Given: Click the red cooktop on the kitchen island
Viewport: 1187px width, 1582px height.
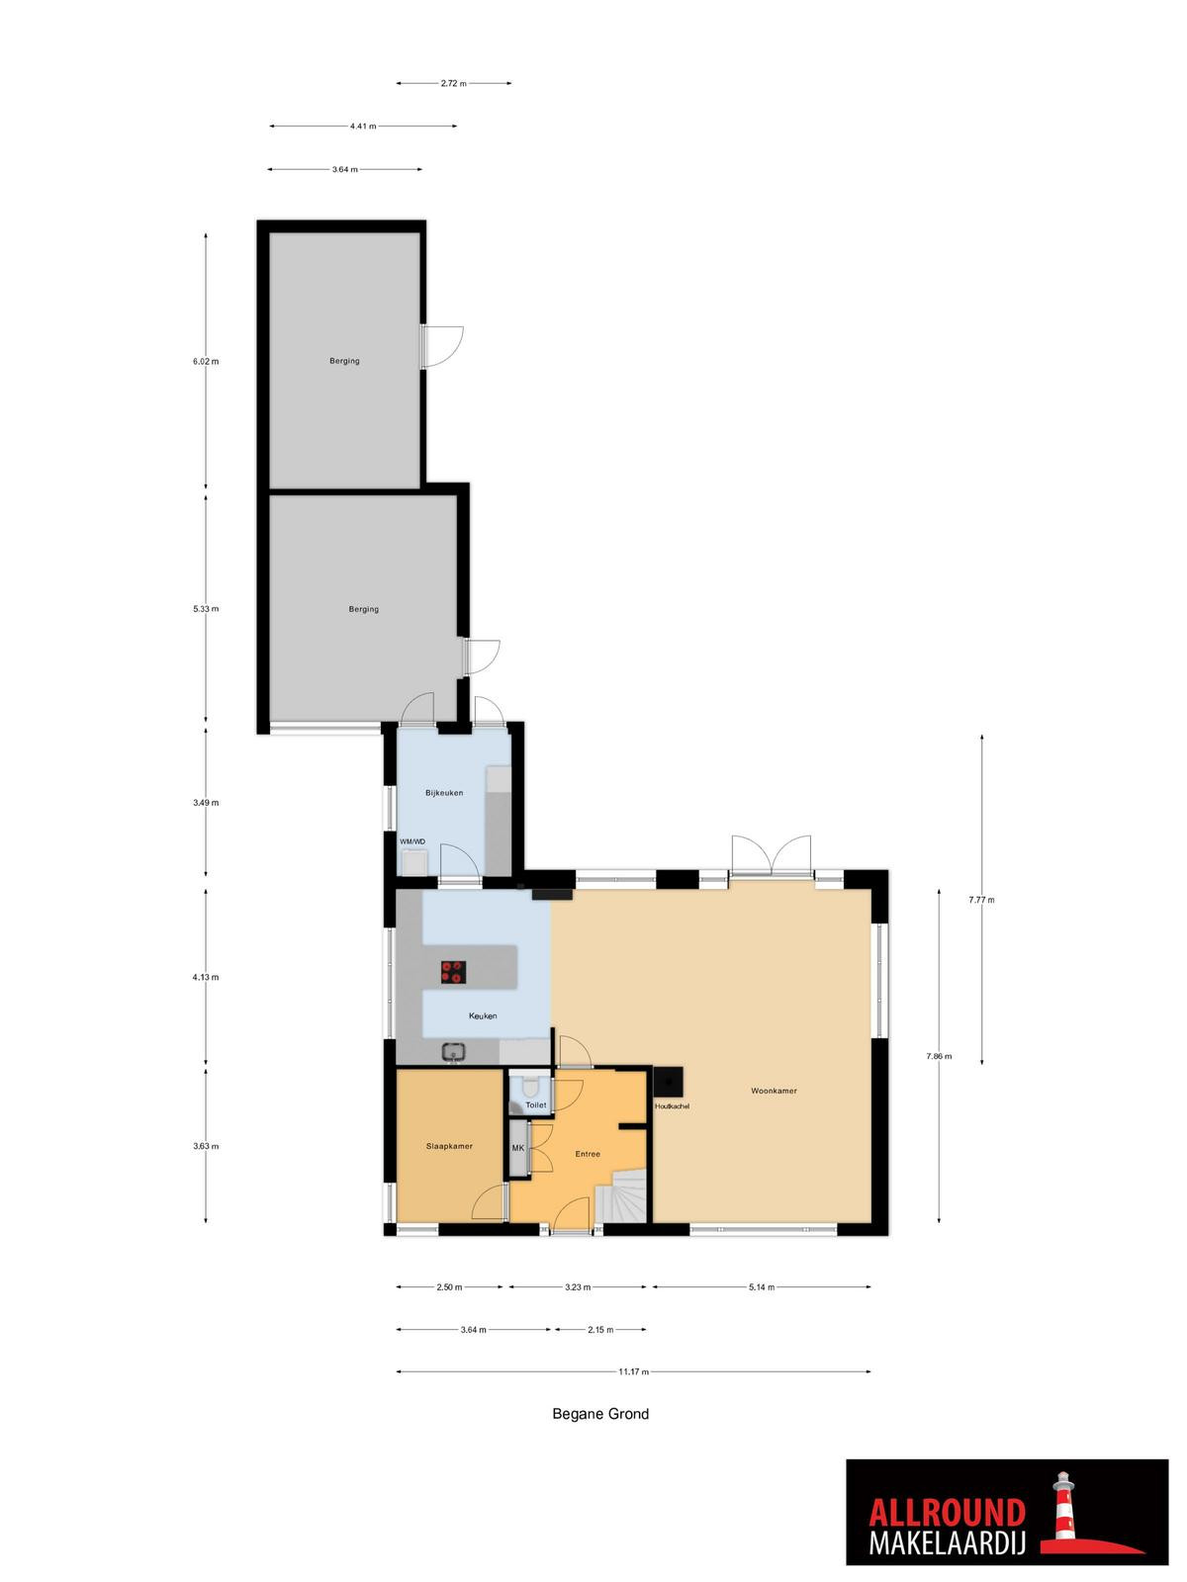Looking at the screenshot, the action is click(x=454, y=972).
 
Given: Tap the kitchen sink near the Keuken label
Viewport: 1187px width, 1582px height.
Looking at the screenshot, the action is click(x=453, y=1052).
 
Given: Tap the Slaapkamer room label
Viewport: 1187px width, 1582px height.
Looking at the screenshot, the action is click(x=449, y=1146).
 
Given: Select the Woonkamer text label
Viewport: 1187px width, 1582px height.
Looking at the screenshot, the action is click(x=775, y=1091).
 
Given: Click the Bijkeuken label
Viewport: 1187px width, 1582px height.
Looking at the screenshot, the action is click(x=444, y=793).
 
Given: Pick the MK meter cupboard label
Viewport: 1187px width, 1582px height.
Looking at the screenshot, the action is click(x=518, y=1148).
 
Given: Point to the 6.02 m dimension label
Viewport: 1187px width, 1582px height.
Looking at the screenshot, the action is click(x=206, y=361).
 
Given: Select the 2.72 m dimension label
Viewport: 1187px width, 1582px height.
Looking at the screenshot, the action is click(x=453, y=84).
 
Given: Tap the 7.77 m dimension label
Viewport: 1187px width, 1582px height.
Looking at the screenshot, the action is click(x=981, y=900).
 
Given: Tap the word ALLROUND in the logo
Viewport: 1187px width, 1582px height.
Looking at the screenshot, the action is click(x=947, y=1493).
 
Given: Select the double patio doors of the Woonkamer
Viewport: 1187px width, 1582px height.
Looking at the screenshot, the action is click(x=772, y=856).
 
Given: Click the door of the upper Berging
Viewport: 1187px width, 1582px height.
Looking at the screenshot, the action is click(x=441, y=347).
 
